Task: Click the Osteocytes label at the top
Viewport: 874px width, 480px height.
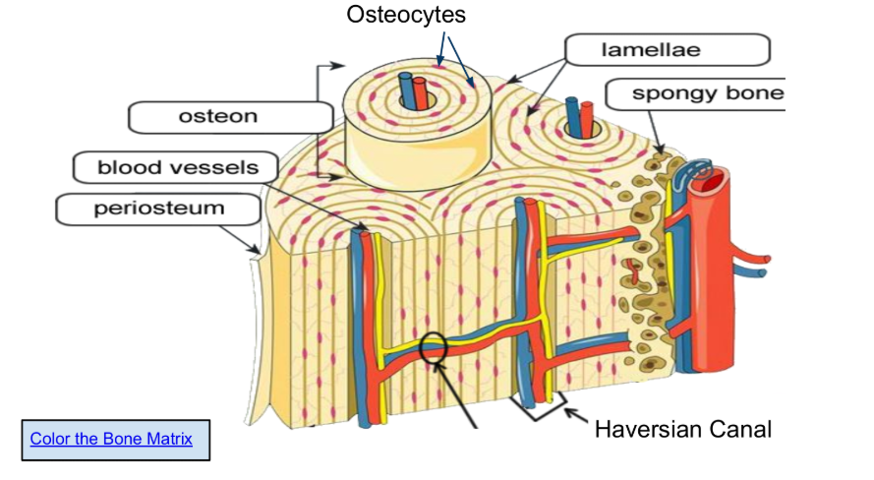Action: tap(406, 16)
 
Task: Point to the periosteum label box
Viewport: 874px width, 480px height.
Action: tap(158, 209)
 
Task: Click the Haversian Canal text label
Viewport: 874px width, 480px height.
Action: tap(683, 429)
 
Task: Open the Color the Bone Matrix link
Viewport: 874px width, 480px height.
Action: tap(111, 439)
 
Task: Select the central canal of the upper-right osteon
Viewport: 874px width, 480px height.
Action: tap(579, 124)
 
